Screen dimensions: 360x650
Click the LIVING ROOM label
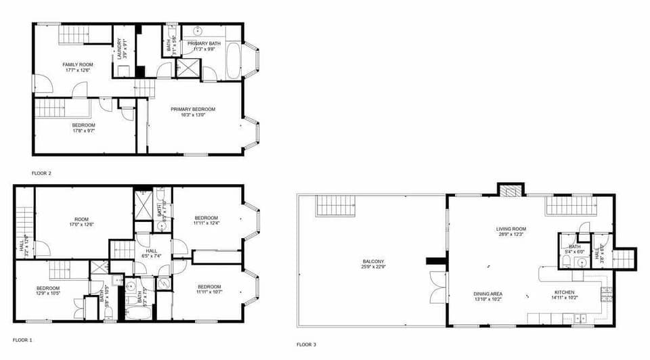pos(511,232)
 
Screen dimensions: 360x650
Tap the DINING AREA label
pos(487,296)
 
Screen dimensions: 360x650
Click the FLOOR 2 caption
pos(41,173)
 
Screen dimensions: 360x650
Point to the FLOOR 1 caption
pos(22,339)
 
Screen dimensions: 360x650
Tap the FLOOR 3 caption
pos(306,344)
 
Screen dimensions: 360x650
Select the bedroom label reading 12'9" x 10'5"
pos(48,291)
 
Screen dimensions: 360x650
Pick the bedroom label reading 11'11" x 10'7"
pos(207,289)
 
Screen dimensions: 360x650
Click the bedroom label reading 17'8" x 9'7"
pos(83,128)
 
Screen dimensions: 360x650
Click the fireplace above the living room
pos(511,190)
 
